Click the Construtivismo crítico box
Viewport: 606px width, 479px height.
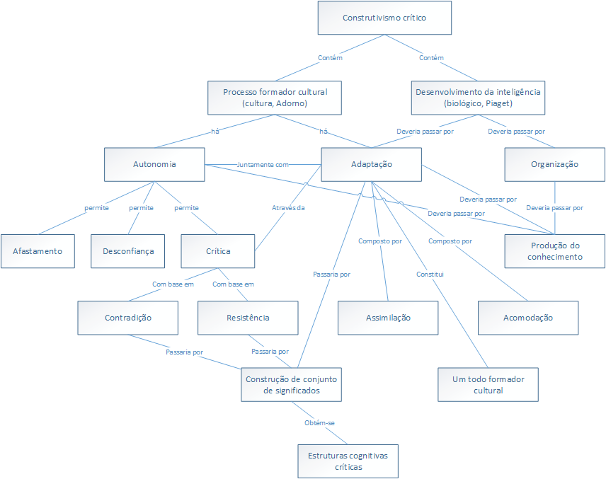pos(384,18)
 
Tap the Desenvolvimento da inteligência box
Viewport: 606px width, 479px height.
pos(478,98)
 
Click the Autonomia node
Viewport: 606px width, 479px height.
pos(154,164)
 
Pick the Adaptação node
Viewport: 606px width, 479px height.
pos(372,164)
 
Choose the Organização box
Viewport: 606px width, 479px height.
pos(554,164)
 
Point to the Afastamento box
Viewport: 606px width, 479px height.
pos(38,251)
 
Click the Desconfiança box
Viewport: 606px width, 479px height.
pos(128,251)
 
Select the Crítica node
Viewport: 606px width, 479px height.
pos(218,251)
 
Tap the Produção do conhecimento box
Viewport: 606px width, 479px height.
pos(554,251)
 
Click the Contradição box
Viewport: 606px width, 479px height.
pos(128,318)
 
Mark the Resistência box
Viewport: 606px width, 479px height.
pos(247,318)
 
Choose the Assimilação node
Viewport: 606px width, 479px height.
pos(387,318)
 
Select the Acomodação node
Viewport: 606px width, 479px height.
pos(528,318)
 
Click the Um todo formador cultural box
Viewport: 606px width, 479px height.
pos(488,384)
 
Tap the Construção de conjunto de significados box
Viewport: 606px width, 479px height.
pos(292,384)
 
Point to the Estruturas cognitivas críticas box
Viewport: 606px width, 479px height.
pos(348,461)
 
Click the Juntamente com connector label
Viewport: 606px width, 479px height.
pos(263,164)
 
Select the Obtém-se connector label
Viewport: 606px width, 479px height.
pos(319,423)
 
